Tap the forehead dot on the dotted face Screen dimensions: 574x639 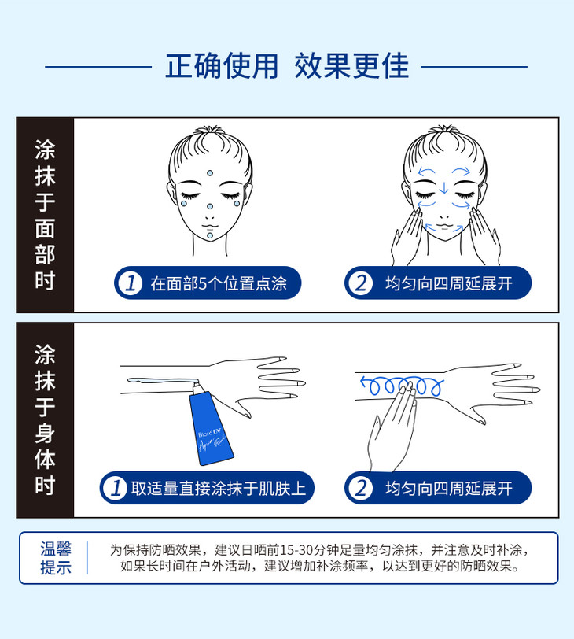click(x=210, y=173)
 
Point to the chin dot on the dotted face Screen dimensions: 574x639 click(x=210, y=235)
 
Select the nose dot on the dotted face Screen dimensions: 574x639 click(x=210, y=207)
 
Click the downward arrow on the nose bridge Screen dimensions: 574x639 click(x=443, y=187)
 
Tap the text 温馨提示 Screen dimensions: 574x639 click(x=56, y=558)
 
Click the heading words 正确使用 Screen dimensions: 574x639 click(x=222, y=65)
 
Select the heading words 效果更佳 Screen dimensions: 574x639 click(x=351, y=65)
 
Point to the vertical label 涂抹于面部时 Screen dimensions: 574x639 click(x=45, y=215)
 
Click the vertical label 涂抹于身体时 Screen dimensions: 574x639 click(x=45, y=419)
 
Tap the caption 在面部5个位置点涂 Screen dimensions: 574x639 click(x=219, y=283)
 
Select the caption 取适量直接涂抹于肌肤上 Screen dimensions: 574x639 click(x=219, y=488)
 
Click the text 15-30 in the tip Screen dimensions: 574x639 click(x=296, y=550)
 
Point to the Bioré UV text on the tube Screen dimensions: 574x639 click(x=209, y=433)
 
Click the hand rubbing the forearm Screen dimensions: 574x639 click(x=391, y=428)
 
